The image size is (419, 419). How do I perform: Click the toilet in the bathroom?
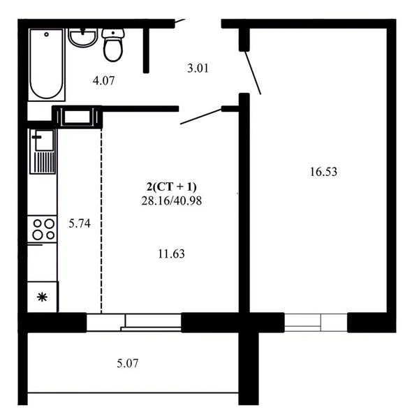113,45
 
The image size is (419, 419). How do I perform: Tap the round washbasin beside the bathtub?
82,38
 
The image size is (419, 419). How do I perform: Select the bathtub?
47,65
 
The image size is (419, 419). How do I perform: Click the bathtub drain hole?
47,34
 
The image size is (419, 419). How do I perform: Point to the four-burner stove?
42,229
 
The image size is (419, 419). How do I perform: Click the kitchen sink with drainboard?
43,152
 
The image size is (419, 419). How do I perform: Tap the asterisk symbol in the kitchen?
42,297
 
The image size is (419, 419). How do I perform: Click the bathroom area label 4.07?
103,80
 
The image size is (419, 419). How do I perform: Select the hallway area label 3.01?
198,68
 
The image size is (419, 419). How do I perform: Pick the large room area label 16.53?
323,172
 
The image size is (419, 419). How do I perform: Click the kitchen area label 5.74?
80,223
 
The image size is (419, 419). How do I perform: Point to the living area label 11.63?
171,253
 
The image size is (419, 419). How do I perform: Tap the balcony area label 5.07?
128,363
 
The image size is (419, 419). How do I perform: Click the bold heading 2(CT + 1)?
172,186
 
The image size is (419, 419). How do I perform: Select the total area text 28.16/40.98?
172,200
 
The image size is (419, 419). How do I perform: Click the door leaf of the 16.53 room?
253,73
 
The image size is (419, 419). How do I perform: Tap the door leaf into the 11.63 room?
201,117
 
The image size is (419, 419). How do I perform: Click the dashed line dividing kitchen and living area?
101,221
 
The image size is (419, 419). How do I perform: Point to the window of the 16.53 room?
316,323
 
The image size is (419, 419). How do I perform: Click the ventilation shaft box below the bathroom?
78,117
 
